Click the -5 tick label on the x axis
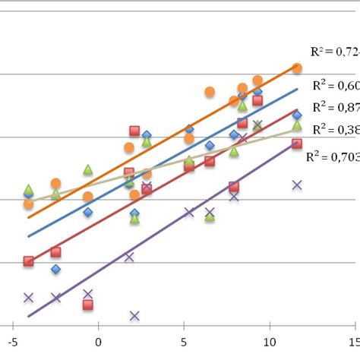[x=11, y=343]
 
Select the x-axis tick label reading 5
[x=183, y=343]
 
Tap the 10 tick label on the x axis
[x=267, y=343]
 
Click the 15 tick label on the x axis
[x=352, y=343]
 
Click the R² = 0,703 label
[x=332, y=157]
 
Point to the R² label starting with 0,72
[x=334, y=52]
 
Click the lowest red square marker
[x=88, y=305]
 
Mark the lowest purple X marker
[x=134, y=315]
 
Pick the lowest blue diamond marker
[x=55, y=269]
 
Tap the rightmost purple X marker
[x=297, y=185]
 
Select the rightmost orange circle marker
[x=297, y=68]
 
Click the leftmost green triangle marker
[x=29, y=189]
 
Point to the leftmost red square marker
[x=29, y=261]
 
